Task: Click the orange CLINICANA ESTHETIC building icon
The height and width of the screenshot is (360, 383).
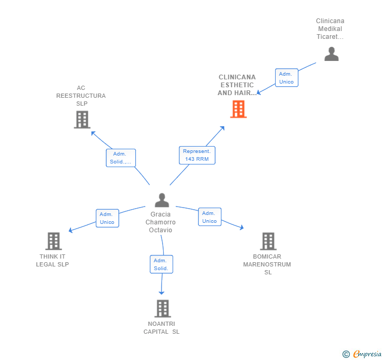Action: click(x=238, y=109)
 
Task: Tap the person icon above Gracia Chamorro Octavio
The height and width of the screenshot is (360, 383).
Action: click(x=162, y=200)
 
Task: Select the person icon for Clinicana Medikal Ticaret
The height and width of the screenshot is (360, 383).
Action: click(x=331, y=54)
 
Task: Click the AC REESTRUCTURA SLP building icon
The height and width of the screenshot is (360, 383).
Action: click(x=82, y=119)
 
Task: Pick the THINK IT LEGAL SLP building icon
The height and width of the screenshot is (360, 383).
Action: click(x=54, y=241)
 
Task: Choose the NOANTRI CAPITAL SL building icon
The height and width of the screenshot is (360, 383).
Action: click(x=163, y=308)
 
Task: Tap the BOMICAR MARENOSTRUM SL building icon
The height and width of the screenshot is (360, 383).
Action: click(x=268, y=241)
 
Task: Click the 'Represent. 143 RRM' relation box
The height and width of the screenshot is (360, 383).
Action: click(x=196, y=155)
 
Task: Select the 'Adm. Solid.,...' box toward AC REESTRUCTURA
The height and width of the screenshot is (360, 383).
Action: click(x=121, y=158)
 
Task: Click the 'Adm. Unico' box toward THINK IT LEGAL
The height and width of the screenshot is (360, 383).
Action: click(x=107, y=218)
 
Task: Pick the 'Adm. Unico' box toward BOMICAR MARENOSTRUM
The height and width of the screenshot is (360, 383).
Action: click(x=209, y=217)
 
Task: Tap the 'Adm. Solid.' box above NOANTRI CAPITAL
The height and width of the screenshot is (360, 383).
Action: click(x=161, y=264)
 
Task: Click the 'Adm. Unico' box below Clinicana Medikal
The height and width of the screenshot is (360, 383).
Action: click(x=287, y=78)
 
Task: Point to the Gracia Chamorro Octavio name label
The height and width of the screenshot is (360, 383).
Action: click(x=160, y=222)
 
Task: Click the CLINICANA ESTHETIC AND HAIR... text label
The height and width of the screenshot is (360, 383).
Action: click(x=237, y=85)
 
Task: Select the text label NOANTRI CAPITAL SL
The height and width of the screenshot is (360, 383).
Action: click(x=162, y=327)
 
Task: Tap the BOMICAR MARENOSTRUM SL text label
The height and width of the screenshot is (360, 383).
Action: click(x=267, y=264)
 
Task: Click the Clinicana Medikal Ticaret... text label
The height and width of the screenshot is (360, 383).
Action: click(x=330, y=29)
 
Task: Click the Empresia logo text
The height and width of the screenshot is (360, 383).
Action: click(x=367, y=354)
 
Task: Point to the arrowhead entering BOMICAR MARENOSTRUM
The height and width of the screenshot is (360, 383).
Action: click(x=241, y=228)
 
